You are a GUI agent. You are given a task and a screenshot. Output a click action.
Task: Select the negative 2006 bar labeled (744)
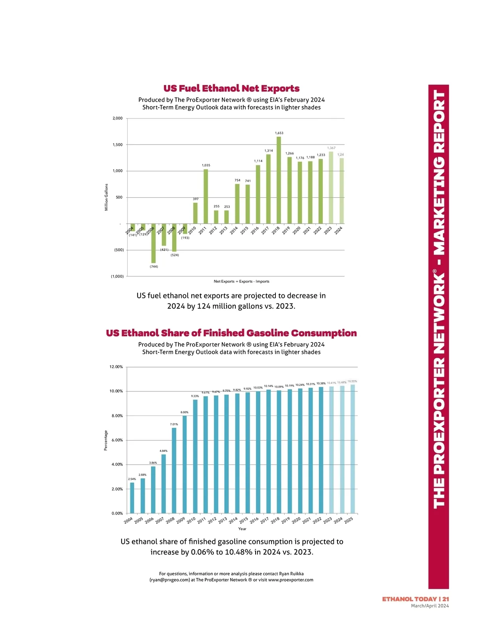(153, 243)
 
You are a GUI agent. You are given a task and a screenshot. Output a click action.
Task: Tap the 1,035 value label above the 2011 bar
(206, 165)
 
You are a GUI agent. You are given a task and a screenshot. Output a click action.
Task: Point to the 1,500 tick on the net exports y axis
(118, 145)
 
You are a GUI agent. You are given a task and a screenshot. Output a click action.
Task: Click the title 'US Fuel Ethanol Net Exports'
(231, 89)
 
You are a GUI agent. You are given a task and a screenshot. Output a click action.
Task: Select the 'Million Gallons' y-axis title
(107, 197)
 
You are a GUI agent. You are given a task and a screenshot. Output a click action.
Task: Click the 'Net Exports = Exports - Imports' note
(241, 281)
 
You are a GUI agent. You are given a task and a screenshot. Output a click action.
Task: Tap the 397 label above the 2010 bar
(196, 199)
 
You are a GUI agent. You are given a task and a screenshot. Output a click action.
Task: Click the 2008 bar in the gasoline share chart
(174, 470)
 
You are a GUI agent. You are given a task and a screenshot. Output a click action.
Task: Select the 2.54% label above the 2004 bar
(132, 479)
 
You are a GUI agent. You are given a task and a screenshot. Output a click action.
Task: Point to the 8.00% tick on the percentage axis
(116, 416)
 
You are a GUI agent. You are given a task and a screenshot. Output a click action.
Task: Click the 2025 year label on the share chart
(349, 520)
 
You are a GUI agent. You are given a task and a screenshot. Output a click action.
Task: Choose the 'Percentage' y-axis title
(106, 440)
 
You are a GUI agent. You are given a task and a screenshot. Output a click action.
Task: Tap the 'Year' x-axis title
(242, 529)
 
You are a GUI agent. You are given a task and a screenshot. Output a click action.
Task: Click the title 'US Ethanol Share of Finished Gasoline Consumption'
(231, 333)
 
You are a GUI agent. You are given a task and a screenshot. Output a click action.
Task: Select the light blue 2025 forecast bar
(352, 449)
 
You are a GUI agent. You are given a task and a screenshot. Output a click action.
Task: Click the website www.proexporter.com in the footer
(291, 580)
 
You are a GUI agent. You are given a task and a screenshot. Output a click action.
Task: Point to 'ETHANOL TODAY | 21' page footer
(415, 599)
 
